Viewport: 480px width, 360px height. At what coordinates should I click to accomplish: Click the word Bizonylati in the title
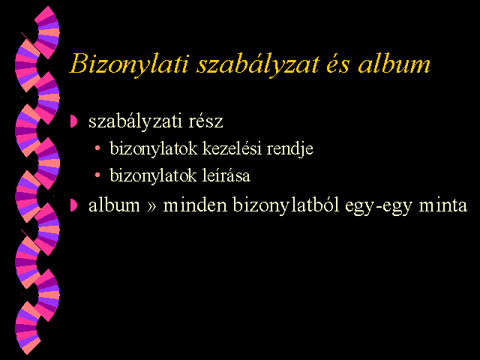pyautogui.click(x=128, y=64)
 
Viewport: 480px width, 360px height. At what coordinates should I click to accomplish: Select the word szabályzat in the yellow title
pyautogui.click(x=259, y=65)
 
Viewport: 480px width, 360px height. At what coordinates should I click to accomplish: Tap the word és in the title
pyautogui.click(x=337, y=64)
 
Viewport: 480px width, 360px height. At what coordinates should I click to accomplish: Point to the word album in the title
pyautogui.click(x=394, y=64)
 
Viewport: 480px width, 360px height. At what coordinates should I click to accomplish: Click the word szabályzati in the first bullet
pyautogui.click(x=136, y=121)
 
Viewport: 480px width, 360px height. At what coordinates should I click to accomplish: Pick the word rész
pyautogui.click(x=205, y=121)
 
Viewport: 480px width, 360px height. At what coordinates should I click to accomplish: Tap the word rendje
pyautogui.click(x=290, y=149)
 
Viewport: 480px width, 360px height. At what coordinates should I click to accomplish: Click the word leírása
pyautogui.click(x=226, y=175)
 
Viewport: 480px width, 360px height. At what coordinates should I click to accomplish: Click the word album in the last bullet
pyautogui.click(x=114, y=205)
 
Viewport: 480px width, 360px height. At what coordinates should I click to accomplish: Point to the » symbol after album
pyautogui.click(x=151, y=207)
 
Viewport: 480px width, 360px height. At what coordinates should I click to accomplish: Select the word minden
pyautogui.click(x=195, y=205)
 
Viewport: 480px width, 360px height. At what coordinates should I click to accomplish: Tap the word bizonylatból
pyautogui.click(x=286, y=205)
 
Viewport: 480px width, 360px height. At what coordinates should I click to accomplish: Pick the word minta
pyautogui.click(x=443, y=205)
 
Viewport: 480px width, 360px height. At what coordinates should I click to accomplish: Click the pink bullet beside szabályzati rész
pyautogui.click(x=73, y=121)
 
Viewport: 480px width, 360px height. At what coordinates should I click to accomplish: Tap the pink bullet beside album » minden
pyautogui.click(x=73, y=205)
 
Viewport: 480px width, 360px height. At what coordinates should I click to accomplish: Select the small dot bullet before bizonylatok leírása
pyautogui.click(x=97, y=175)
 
